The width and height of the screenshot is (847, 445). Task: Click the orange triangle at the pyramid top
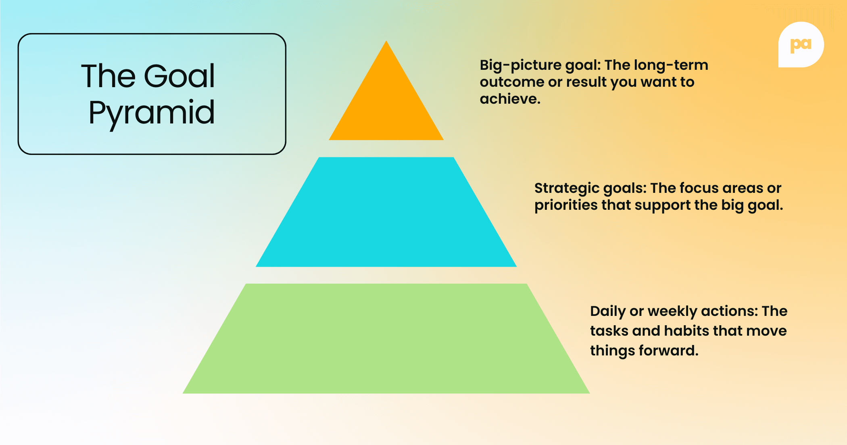click(386, 105)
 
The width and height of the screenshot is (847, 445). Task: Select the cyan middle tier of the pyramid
click(386, 212)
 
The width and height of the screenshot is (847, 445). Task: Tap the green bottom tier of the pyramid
click(386, 339)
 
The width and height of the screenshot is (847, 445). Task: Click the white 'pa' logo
click(801, 44)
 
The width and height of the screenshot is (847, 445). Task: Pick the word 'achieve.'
click(510, 99)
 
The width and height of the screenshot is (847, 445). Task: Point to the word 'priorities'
click(565, 205)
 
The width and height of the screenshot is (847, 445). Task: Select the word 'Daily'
click(607, 311)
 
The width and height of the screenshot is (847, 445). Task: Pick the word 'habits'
click(686, 331)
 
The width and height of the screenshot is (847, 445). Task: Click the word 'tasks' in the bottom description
click(609, 331)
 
